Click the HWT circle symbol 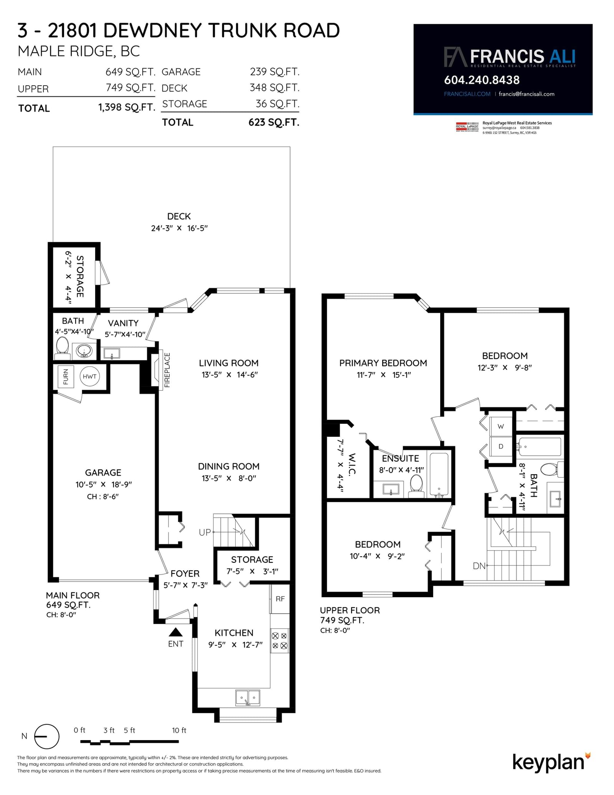tap(89, 376)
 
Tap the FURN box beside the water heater tap(66, 377)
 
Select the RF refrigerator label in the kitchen tap(280, 598)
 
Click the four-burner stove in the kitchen tap(280, 641)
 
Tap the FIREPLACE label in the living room tap(167, 370)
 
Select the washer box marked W tap(501, 426)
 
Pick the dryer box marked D tap(501, 446)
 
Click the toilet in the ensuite tap(416, 483)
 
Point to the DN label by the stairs tap(479, 566)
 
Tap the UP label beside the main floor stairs tap(205, 532)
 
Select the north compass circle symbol tap(47, 736)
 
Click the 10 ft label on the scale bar tap(179, 730)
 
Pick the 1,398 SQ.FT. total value tap(127, 107)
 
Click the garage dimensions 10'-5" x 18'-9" tap(104, 484)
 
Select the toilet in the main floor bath tap(62, 347)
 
